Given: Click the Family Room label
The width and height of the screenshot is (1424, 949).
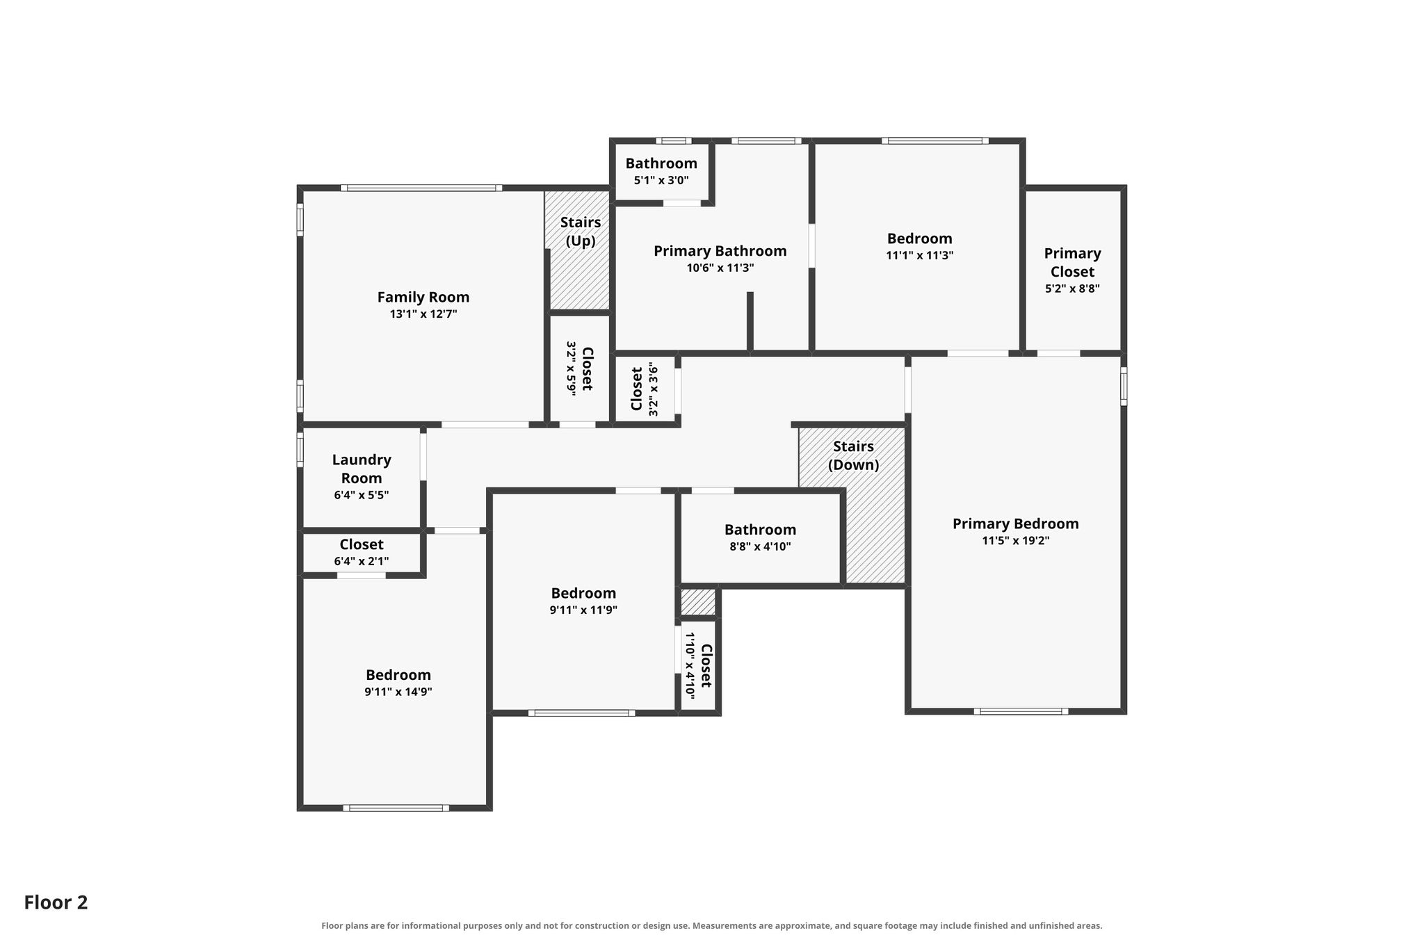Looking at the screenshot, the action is click(423, 298).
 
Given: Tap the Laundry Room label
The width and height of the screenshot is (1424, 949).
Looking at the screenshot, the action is click(362, 469).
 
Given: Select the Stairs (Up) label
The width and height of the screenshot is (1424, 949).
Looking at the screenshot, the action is click(581, 232).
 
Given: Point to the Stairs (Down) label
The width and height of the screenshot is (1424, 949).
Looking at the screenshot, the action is click(853, 455).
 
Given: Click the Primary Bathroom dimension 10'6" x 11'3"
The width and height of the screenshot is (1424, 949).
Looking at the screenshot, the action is click(720, 268).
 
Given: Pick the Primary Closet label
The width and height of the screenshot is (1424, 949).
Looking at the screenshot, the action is click(1072, 263).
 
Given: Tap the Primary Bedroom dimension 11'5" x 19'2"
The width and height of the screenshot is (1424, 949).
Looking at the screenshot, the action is click(1016, 541).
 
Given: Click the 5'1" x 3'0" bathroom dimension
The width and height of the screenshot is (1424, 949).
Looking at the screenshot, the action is click(661, 180).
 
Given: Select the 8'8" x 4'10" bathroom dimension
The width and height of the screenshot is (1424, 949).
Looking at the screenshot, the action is click(760, 546).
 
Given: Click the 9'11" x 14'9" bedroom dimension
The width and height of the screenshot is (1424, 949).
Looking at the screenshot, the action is click(398, 692).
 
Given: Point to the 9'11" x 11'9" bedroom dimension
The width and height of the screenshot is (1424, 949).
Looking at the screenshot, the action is click(583, 610).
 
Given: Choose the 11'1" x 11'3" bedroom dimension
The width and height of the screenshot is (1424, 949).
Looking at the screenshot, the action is click(919, 255).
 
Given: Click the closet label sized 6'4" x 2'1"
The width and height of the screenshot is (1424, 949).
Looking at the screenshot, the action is click(362, 544).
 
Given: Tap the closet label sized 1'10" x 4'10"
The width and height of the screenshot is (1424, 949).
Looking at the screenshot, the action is click(706, 666).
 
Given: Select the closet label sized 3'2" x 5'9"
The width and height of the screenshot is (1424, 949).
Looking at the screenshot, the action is click(587, 368).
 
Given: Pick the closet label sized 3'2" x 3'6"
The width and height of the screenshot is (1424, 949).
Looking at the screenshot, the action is click(636, 389).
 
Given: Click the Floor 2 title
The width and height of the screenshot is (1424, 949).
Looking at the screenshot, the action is click(56, 902).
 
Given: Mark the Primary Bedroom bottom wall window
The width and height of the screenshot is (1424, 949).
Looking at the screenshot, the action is click(1021, 711).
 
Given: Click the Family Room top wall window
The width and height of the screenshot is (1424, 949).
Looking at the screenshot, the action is click(421, 188).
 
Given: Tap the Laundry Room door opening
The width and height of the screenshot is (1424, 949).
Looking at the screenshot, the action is click(423, 457).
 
